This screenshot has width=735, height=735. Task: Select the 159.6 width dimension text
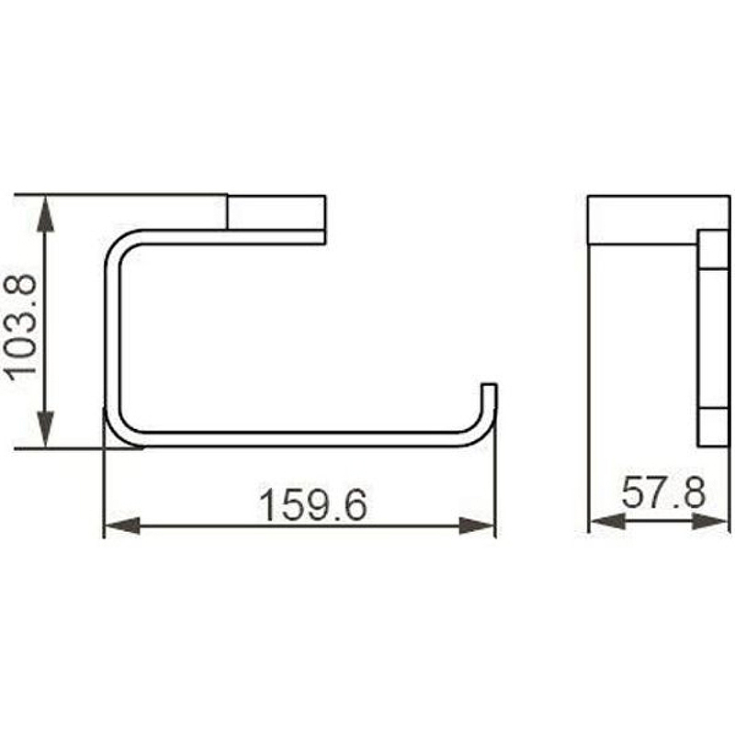[x=313, y=505]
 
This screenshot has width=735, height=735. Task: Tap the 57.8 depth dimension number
[x=662, y=492]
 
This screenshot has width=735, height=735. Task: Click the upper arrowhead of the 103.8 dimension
[x=45, y=214]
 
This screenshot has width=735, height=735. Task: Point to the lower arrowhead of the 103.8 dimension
[x=45, y=429]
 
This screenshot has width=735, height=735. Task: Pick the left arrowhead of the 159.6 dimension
[x=122, y=526]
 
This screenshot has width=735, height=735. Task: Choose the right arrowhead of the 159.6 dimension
[x=477, y=526]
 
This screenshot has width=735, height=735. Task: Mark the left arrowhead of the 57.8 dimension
[x=607, y=521]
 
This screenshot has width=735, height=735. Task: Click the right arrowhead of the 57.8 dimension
[x=709, y=521]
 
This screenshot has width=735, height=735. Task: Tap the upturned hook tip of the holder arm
[x=489, y=385]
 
